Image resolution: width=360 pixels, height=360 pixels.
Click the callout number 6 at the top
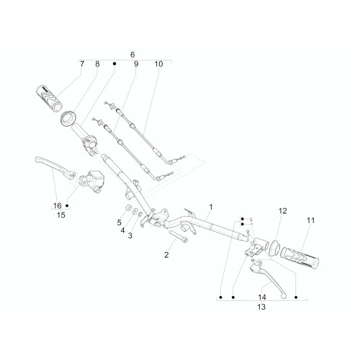pyautogui.click(x=132, y=55)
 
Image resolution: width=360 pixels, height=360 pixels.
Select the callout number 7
pyautogui.click(x=82, y=64)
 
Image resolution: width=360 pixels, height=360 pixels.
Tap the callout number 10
pyautogui.click(x=158, y=64)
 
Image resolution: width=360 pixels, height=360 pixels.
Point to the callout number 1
pyautogui.click(x=211, y=207)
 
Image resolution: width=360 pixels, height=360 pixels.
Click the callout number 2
pyautogui.click(x=166, y=255)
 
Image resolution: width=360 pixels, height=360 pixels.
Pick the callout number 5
pyautogui.click(x=120, y=222)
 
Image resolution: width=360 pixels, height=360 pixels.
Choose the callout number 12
pyautogui.click(x=283, y=211)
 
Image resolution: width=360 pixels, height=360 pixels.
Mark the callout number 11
pyautogui.click(x=310, y=220)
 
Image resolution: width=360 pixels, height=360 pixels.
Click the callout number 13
pyautogui.click(x=261, y=307)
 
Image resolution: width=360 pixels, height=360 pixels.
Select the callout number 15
pyautogui.click(x=61, y=215)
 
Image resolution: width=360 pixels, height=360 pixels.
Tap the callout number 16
pyautogui.click(x=58, y=206)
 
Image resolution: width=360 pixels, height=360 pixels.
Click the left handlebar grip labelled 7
pyautogui.click(x=49, y=98)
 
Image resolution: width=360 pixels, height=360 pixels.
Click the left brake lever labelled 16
pyautogui.click(x=55, y=166)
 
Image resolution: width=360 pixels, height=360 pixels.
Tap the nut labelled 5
pyautogui.click(x=129, y=207)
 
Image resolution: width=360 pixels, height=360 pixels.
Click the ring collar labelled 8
pyautogui.click(x=68, y=118)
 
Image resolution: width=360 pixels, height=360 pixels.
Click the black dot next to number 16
pyautogui.click(x=67, y=206)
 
